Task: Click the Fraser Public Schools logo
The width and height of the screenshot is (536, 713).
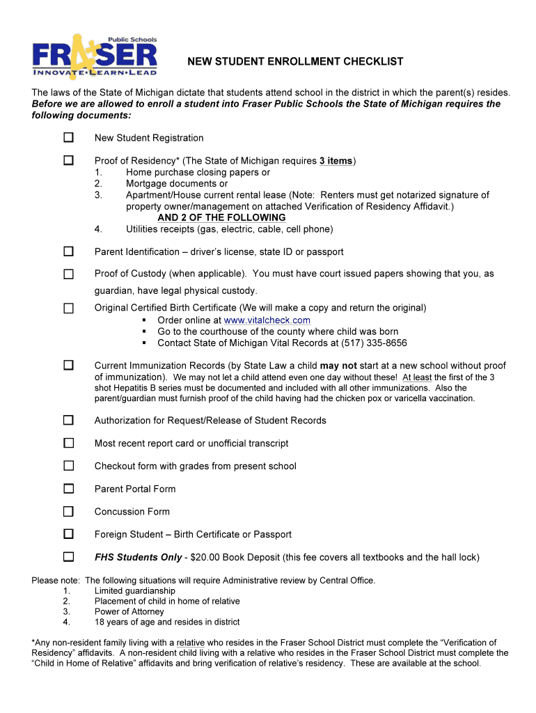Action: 95,56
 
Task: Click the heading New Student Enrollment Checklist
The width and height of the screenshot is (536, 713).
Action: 295,62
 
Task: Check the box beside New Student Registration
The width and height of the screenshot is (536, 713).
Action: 68,138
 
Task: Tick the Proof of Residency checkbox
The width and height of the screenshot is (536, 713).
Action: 68,161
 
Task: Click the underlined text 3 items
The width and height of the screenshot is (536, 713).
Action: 336,161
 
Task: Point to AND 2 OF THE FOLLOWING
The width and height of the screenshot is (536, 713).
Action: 221,218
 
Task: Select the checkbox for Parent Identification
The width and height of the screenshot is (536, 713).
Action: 68,251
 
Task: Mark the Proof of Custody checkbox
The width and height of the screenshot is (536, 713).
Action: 68,274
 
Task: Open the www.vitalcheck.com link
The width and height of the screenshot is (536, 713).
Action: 267,320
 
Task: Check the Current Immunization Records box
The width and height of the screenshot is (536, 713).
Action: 68,365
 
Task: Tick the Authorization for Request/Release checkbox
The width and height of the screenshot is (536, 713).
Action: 68,420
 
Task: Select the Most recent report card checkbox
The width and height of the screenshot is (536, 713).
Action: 68,443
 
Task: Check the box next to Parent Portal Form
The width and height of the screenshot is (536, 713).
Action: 68,489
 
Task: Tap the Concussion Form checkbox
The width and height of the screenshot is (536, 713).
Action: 68,512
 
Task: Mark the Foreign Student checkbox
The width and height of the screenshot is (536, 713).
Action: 68,534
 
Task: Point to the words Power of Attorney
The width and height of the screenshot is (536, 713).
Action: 129,611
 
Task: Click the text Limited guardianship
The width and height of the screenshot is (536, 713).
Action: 135,590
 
